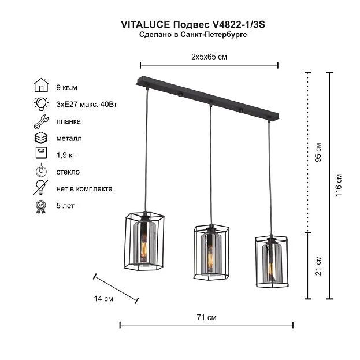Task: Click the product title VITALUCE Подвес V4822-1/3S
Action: pyautogui.click(x=193, y=25)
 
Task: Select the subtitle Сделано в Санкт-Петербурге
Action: pyautogui.click(x=193, y=35)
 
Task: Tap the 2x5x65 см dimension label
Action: pyautogui.click(x=209, y=57)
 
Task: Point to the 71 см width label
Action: pyautogui.click(x=206, y=317)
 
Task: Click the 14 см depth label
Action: pyautogui.click(x=103, y=299)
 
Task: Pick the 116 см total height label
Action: pyautogui.click(x=339, y=185)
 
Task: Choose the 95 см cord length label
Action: pyautogui.click(x=318, y=153)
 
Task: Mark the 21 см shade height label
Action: pyautogui.click(x=318, y=266)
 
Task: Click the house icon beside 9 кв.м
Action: pyautogui.click(x=41, y=85)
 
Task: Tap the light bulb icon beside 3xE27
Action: pyautogui.click(x=41, y=104)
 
